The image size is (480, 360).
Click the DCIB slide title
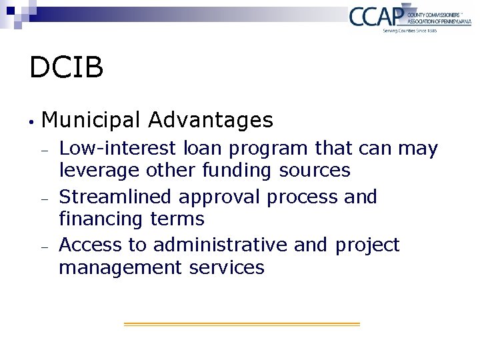66,67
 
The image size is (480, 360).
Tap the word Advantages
211,121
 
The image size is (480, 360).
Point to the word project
367,246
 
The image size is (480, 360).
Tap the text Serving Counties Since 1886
409,31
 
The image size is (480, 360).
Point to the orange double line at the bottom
241,324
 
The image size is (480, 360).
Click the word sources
315,171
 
